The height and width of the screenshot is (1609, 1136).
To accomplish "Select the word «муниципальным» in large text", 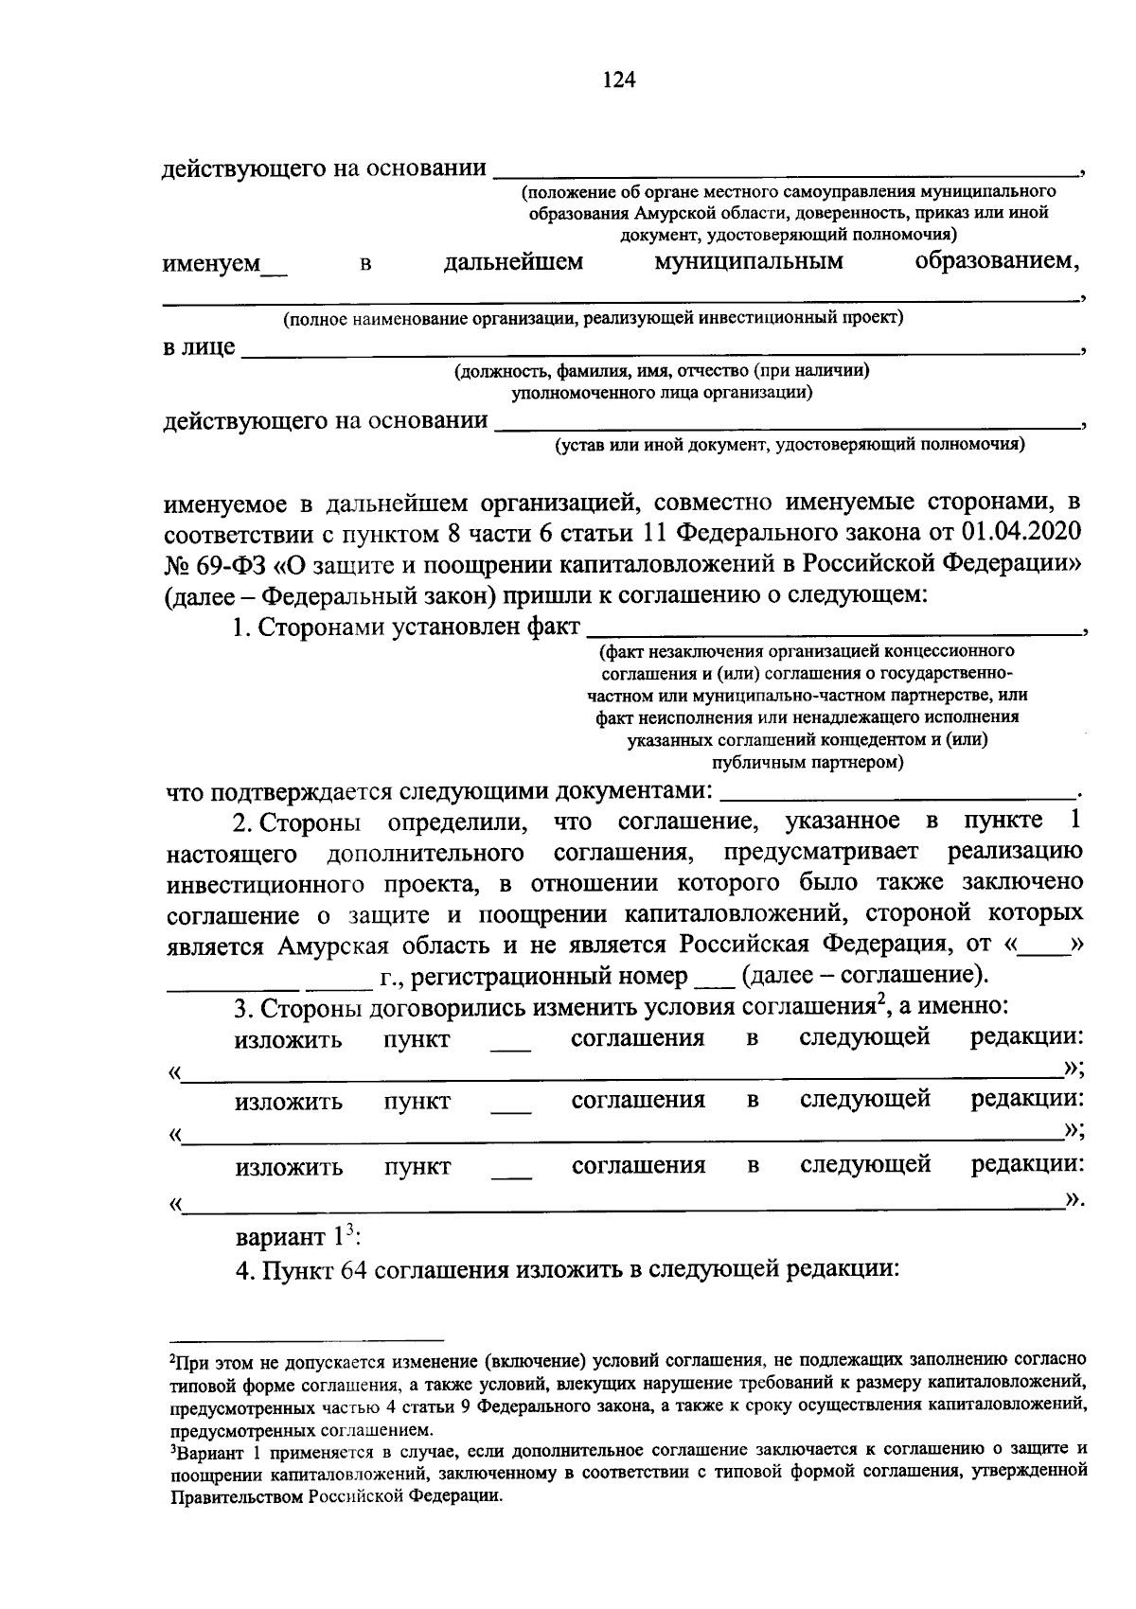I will click(748, 261).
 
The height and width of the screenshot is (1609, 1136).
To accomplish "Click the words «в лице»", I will click(199, 347).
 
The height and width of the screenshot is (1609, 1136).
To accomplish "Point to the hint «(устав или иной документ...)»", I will click(790, 443).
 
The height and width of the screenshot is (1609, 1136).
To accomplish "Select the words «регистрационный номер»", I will click(532, 976).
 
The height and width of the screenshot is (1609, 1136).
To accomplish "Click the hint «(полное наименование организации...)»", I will click(594, 318).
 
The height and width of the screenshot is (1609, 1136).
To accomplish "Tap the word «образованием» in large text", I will click(996, 261).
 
